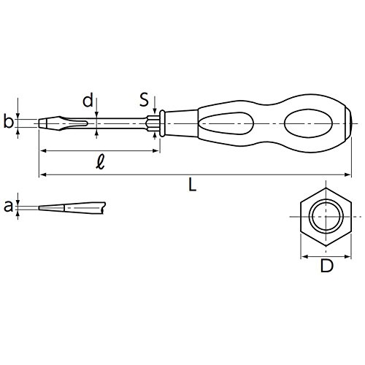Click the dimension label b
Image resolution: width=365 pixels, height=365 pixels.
(x=8, y=121)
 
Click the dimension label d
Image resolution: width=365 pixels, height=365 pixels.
(x=88, y=100)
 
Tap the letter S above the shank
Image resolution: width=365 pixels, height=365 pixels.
(x=144, y=99)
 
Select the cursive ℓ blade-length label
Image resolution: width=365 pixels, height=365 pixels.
(x=100, y=162)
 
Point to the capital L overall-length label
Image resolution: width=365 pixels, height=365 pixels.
(x=193, y=184)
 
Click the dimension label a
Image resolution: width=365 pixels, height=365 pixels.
(x=8, y=207)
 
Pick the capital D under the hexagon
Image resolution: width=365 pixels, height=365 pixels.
(x=326, y=266)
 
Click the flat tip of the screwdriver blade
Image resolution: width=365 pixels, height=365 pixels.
(x=39, y=123)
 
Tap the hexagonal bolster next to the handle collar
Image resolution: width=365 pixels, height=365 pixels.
(x=153, y=123)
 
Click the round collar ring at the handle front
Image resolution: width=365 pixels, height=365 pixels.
(x=162, y=123)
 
